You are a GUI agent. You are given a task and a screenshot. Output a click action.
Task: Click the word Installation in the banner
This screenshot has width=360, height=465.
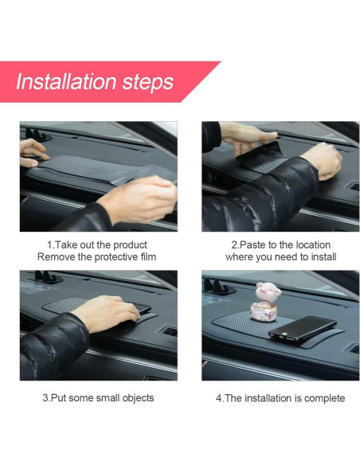point(66,81)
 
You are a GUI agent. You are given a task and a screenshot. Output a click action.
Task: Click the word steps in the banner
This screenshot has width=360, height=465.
point(148,83)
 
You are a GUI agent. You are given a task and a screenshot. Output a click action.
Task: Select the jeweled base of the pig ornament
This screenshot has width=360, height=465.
point(264,313)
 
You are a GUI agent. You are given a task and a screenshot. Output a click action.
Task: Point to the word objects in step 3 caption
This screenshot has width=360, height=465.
point(139,398)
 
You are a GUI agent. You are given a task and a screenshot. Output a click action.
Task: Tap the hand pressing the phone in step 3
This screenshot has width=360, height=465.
point(107,312)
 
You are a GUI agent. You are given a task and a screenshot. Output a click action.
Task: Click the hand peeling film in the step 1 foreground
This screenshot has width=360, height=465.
point(138,199)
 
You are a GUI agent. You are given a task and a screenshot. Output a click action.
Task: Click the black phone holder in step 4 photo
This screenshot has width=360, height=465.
point(218,287)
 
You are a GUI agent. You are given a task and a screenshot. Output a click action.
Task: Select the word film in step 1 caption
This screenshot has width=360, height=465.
point(148,257)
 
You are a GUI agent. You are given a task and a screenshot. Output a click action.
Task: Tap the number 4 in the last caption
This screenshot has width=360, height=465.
point(219,398)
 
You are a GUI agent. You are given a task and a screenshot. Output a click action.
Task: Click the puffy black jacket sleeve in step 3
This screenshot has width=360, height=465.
point(53,346)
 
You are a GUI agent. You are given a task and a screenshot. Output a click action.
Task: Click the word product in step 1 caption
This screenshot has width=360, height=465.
point(130,245)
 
